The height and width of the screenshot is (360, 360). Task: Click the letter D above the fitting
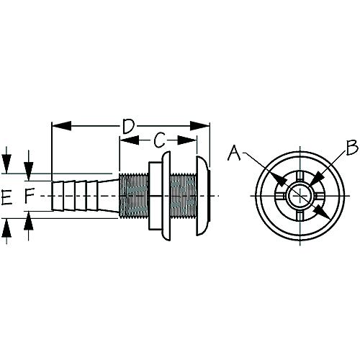click(127, 127)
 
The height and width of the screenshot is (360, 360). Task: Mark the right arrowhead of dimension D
click(204, 126)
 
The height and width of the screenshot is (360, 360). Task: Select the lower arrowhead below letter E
click(6, 225)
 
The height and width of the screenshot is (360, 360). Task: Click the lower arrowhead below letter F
click(29, 219)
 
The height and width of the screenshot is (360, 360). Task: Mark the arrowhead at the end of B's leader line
click(314, 179)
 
